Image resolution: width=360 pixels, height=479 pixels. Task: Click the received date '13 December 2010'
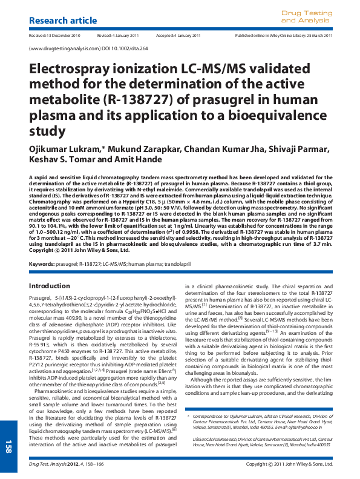64,36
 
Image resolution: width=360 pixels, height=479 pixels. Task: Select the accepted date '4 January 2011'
185,36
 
